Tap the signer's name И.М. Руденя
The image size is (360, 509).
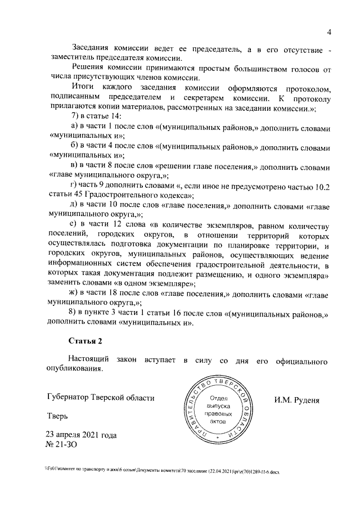(x=297, y=400)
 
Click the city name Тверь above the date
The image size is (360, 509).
(x=57, y=417)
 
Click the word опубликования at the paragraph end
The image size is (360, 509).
(x=75, y=369)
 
